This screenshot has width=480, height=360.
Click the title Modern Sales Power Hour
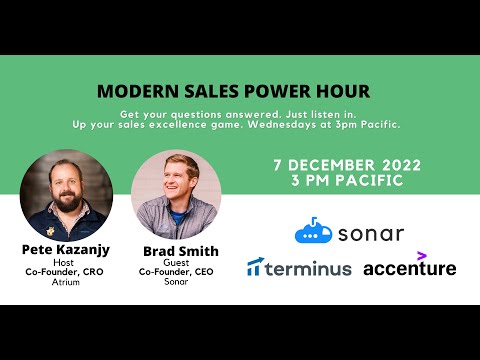pos(233,91)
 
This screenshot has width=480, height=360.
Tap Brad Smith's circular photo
pos(175,194)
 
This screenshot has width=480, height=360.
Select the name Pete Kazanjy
pos(66,248)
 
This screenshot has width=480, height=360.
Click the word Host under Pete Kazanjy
pos(66,261)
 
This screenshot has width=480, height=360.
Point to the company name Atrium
pos(66,282)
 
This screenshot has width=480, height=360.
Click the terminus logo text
pos(309,268)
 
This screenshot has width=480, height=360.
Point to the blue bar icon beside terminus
pos(255,267)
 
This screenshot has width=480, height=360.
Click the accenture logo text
pos(409,269)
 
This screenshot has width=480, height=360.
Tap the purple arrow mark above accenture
pos(422,255)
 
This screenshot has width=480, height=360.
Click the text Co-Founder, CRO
pos(66,271)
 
